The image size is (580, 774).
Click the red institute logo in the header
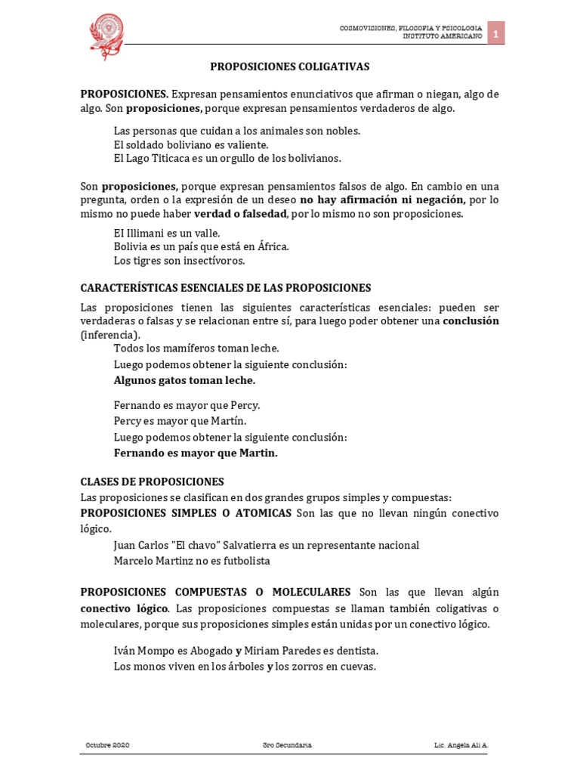[106, 35]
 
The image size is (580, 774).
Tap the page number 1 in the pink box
[495, 33]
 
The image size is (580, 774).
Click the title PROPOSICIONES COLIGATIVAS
[289, 67]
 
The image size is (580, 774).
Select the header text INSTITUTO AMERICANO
[442, 36]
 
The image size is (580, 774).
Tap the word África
[272, 246]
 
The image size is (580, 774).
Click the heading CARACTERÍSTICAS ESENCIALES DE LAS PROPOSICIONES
[226, 288]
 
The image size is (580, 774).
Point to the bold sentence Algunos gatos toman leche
[184, 380]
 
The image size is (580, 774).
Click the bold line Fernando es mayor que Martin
[196, 453]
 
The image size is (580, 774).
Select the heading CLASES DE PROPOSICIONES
[152, 481]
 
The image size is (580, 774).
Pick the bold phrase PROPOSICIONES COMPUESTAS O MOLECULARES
[215, 592]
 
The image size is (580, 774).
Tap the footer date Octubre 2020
[107, 745]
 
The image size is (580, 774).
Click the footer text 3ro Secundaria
[282, 745]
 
